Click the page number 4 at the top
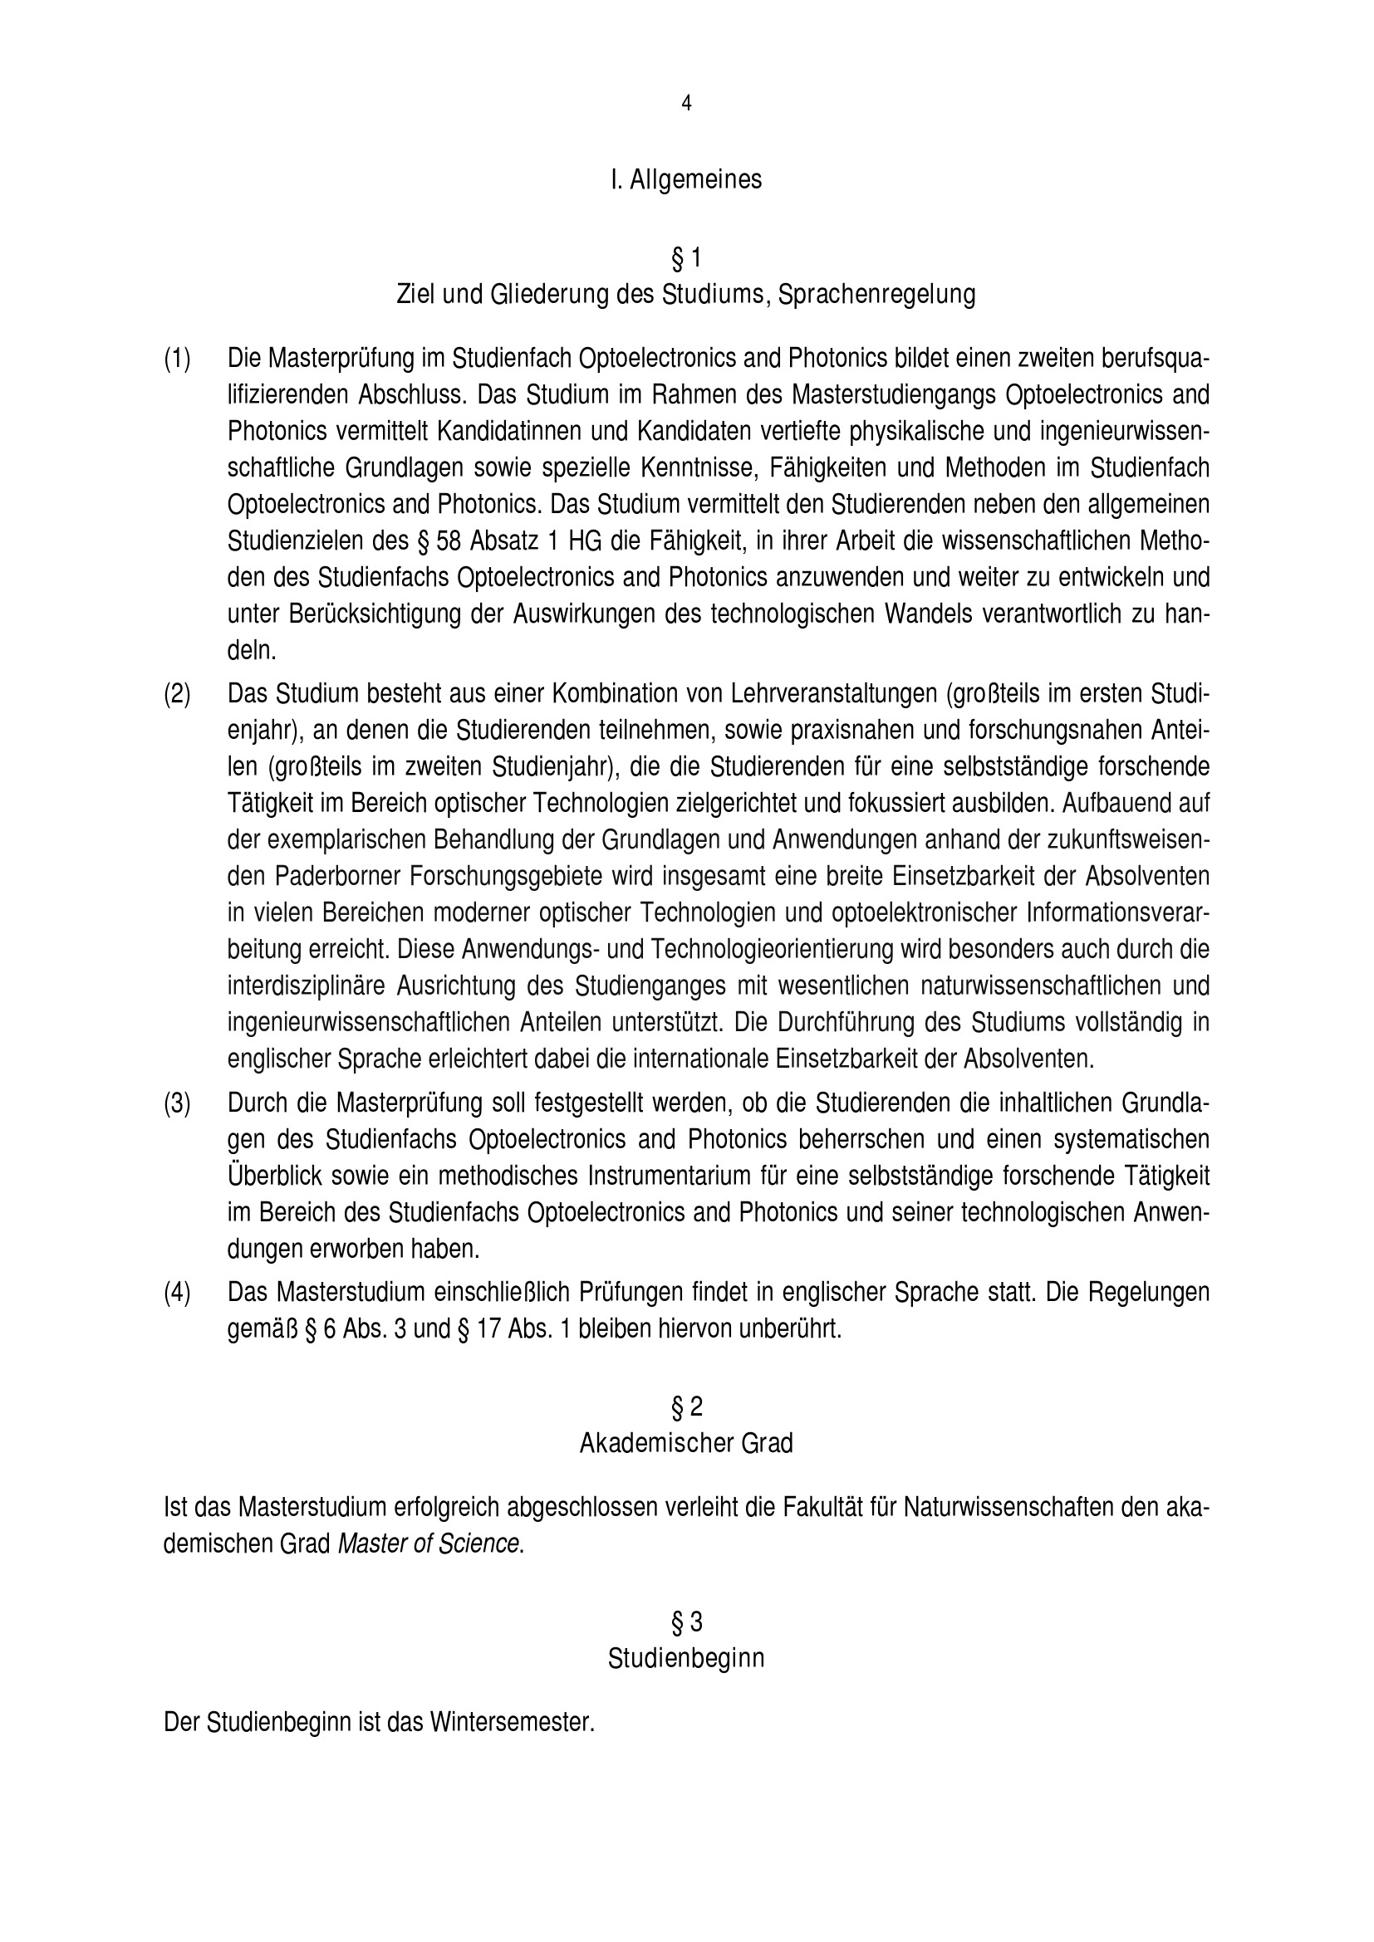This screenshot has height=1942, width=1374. click(x=686, y=103)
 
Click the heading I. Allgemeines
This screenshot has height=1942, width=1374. click(x=686, y=180)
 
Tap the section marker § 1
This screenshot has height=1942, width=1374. click(x=686, y=257)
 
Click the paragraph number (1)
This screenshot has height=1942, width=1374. click(x=178, y=359)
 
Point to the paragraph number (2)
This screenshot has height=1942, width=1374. click(x=178, y=693)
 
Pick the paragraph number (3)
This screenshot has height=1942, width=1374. click(x=178, y=1103)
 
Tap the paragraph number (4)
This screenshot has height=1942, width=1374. click(x=178, y=1293)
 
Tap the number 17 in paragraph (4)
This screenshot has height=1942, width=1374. click(x=490, y=1328)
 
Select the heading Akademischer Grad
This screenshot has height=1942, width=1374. click(x=686, y=1443)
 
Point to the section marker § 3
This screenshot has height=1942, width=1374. click(x=686, y=1622)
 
